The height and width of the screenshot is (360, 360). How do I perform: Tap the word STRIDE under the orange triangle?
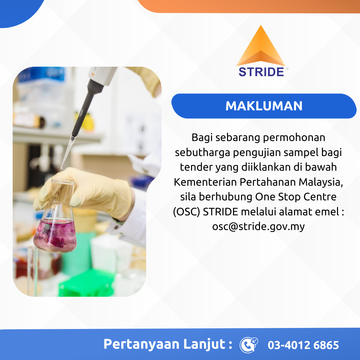click(x=261, y=72)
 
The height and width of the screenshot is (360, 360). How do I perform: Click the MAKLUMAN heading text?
click(x=264, y=106)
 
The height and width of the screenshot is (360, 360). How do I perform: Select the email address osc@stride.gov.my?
click(x=258, y=226)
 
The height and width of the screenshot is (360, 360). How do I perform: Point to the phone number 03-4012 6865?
click(x=303, y=345)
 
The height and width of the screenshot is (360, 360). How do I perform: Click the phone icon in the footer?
click(x=249, y=345)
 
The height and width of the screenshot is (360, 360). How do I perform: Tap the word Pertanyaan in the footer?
click(x=141, y=344)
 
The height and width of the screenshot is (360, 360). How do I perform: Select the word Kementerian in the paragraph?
click(x=205, y=182)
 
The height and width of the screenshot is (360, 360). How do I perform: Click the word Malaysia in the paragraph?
click(x=321, y=182)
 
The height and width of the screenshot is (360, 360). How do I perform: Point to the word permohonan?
click(x=294, y=138)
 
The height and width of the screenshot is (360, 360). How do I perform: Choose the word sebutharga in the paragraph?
click(x=203, y=153)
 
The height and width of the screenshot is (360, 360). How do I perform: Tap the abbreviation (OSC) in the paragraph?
click(x=186, y=212)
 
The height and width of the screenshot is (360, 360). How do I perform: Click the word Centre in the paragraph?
click(x=320, y=197)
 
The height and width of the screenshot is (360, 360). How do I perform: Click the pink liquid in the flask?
click(x=55, y=235)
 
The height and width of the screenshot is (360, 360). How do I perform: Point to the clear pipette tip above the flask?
click(x=67, y=153)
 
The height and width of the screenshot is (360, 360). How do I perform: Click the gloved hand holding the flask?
click(x=84, y=192)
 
